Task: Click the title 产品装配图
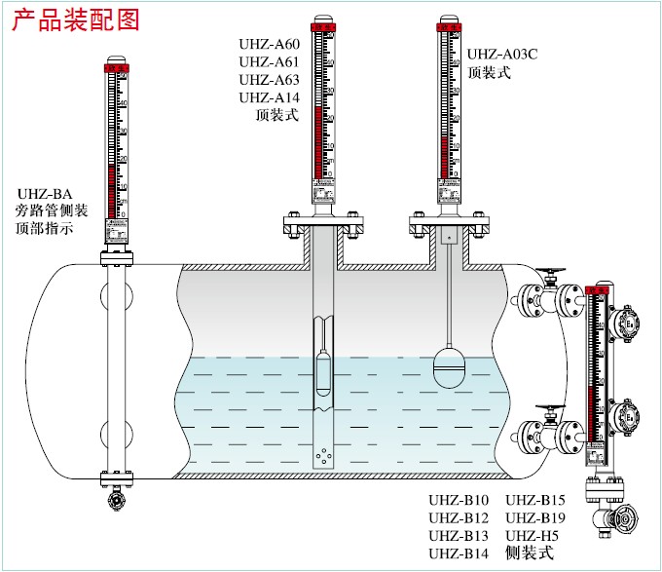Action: pyautogui.click(x=76, y=19)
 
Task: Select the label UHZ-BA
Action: pyautogui.click(x=45, y=192)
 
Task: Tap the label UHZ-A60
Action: pyautogui.click(x=270, y=45)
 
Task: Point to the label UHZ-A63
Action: pyautogui.click(x=270, y=80)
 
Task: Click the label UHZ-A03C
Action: pyautogui.click(x=502, y=55)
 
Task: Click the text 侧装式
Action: pyautogui.click(x=529, y=553)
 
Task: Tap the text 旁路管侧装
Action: pyautogui.click(x=54, y=210)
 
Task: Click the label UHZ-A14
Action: pyautogui.click(x=270, y=97)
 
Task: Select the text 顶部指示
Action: pyautogui.click(x=45, y=227)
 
